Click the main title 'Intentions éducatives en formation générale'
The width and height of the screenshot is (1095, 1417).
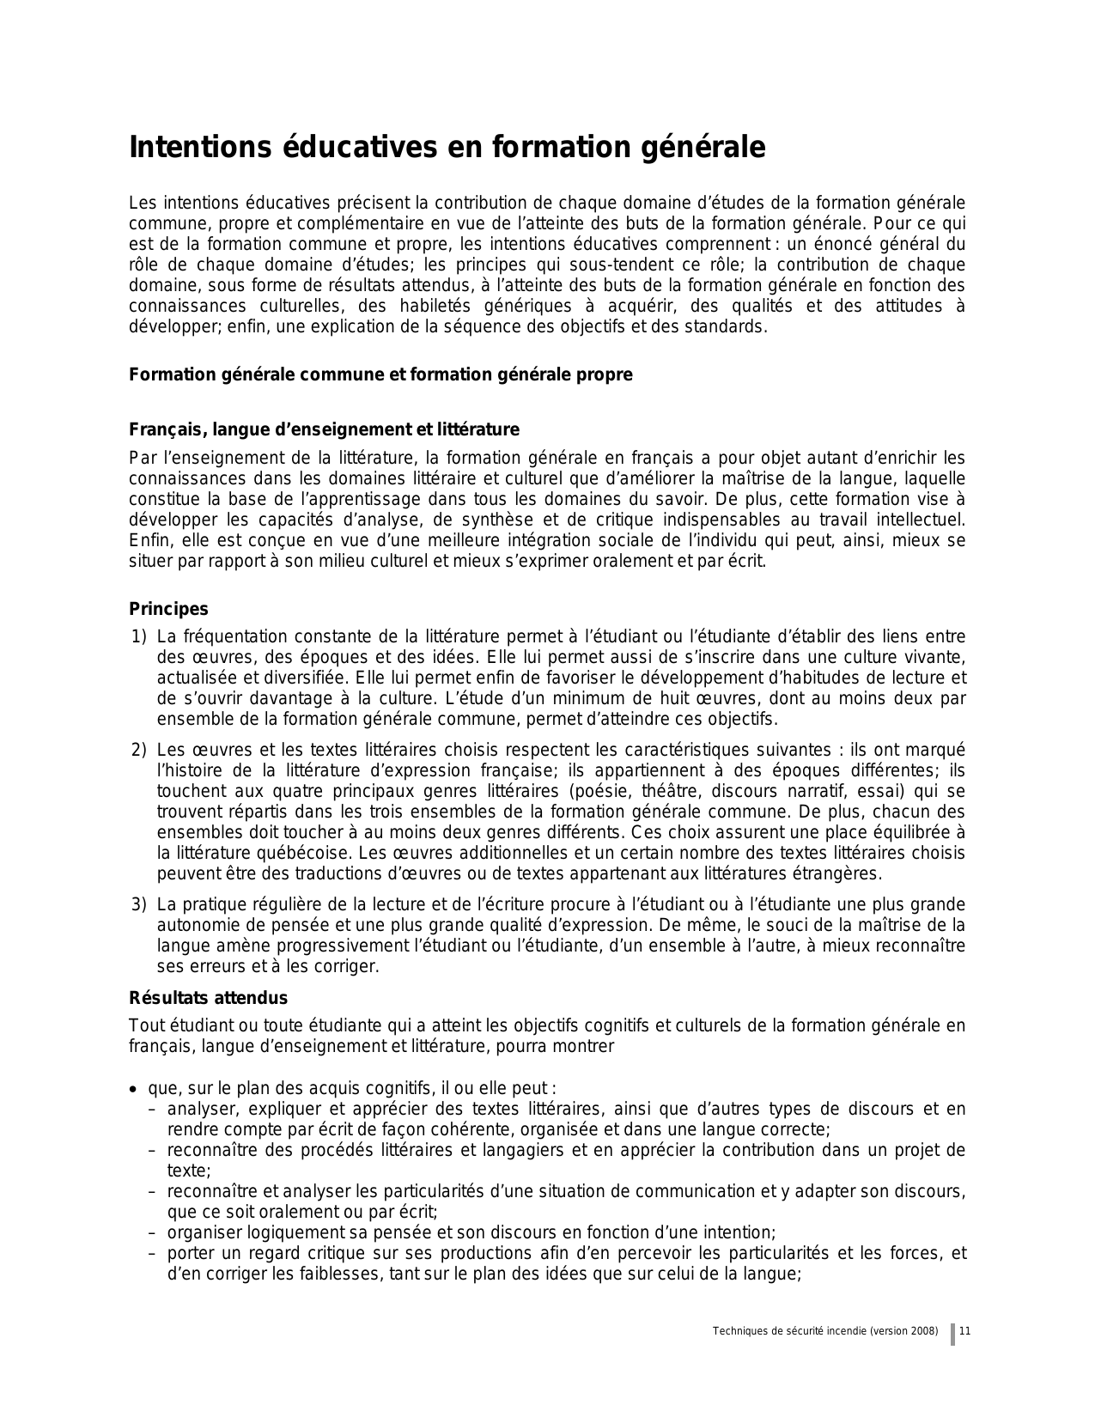pos(447,148)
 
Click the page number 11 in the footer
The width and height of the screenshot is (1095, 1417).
pos(965,1331)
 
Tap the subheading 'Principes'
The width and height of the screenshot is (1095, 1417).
pos(168,609)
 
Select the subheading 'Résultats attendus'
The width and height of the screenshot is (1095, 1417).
pos(208,998)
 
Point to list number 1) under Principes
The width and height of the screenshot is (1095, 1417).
pos(139,636)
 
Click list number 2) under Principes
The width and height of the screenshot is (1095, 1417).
pos(139,750)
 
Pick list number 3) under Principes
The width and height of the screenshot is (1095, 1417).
pos(139,904)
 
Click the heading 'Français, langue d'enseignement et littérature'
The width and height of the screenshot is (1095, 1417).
pos(324,429)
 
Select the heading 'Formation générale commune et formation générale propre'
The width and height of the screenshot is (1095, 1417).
pos(380,375)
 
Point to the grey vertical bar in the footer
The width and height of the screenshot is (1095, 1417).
pos(952,1335)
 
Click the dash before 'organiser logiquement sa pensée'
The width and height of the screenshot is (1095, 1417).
pos(151,1232)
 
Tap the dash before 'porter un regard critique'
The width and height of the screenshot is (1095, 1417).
pos(151,1253)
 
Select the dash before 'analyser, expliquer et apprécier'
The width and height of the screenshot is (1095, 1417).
pos(151,1109)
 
